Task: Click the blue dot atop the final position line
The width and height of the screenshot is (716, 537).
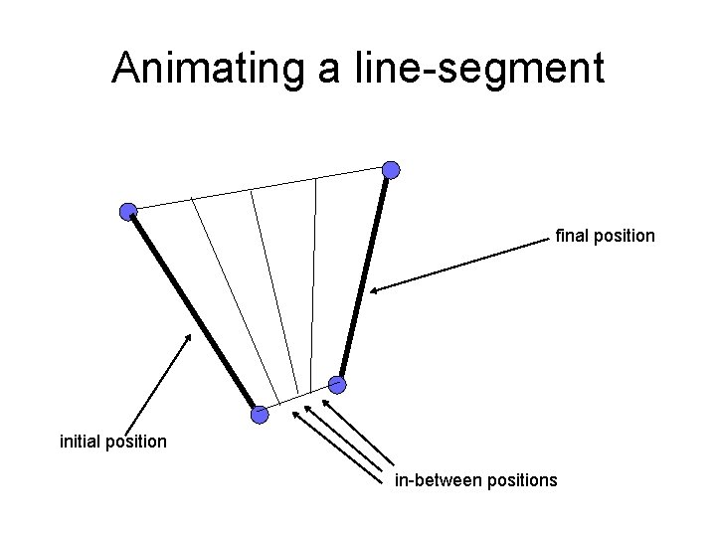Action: click(x=392, y=170)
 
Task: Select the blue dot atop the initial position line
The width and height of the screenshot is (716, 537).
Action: click(x=128, y=211)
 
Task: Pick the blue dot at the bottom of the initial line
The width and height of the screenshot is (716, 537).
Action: click(x=260, y=415)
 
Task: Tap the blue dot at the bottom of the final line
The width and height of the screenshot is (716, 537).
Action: click(x=337, y=383)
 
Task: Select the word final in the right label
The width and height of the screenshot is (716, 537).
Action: click(x=570, y=237)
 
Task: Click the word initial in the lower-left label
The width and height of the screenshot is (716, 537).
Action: click(x=79, y=440)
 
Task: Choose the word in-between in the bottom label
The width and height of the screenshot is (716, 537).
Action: click(x=438, y=480)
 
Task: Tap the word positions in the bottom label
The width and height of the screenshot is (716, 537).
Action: click(x=521, y=480)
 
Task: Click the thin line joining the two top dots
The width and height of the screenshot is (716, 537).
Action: click(x=259, y=190)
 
